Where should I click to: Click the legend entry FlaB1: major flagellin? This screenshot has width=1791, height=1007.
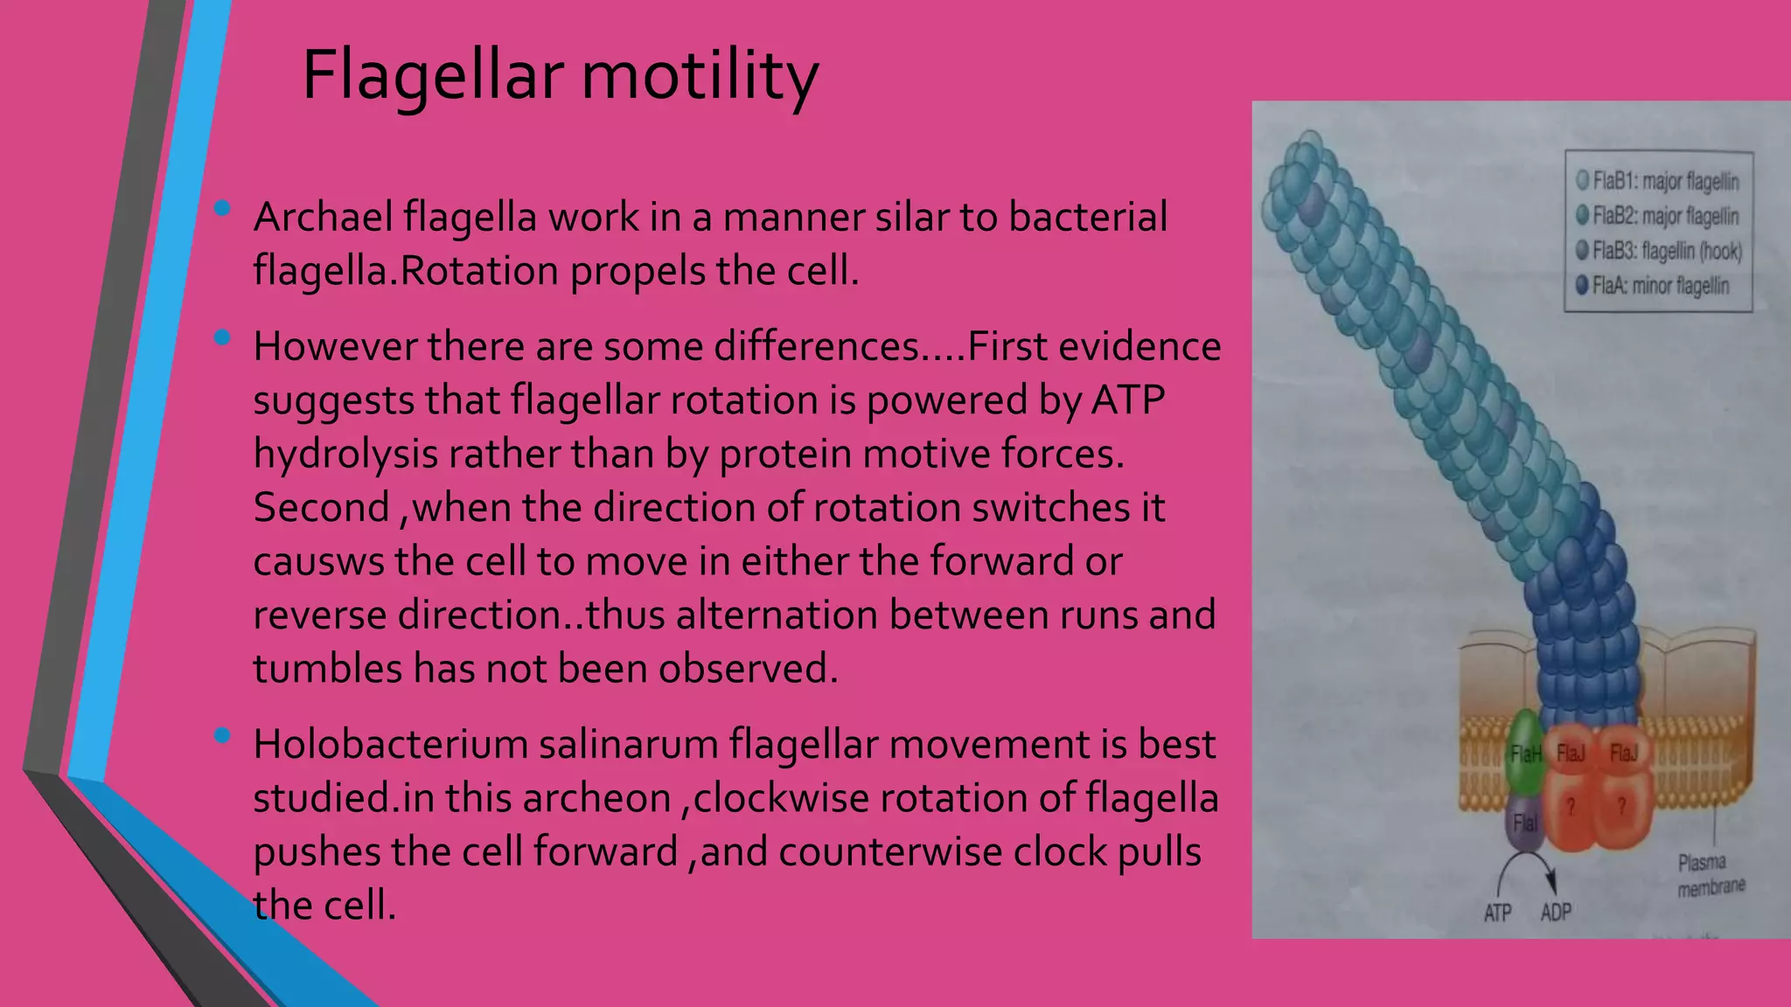coord(1658,182)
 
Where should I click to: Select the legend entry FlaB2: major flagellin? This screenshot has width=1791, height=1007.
coord(1658,216)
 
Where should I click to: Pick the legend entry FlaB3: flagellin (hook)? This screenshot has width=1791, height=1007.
coord(1659,252)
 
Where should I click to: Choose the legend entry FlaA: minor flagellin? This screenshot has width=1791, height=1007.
coord(1653,286)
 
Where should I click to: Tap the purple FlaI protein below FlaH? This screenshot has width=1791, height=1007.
coord(1524,823)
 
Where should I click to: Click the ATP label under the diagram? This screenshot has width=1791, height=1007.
coord(1497,913)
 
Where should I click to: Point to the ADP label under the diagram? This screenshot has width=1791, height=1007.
coord(1556,913)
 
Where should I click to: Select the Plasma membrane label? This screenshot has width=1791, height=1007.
coord(1710,875)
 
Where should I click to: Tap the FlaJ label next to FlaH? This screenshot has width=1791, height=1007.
coord(1571,754)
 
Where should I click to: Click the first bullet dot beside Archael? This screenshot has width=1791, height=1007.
coord(222,209)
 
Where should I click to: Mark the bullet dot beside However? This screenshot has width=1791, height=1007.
coord(222,337)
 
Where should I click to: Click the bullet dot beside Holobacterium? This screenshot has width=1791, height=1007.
coord(222,736)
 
